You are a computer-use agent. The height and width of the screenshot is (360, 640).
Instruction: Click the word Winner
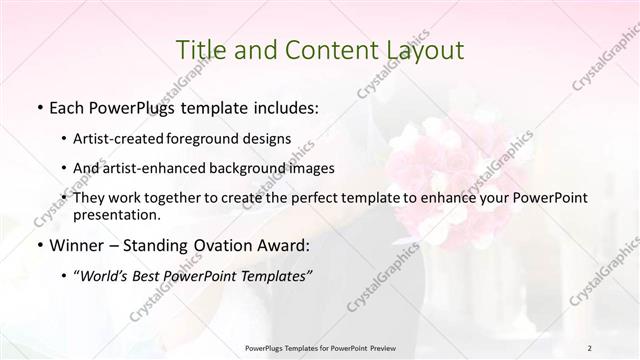[x=77, y=245]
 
